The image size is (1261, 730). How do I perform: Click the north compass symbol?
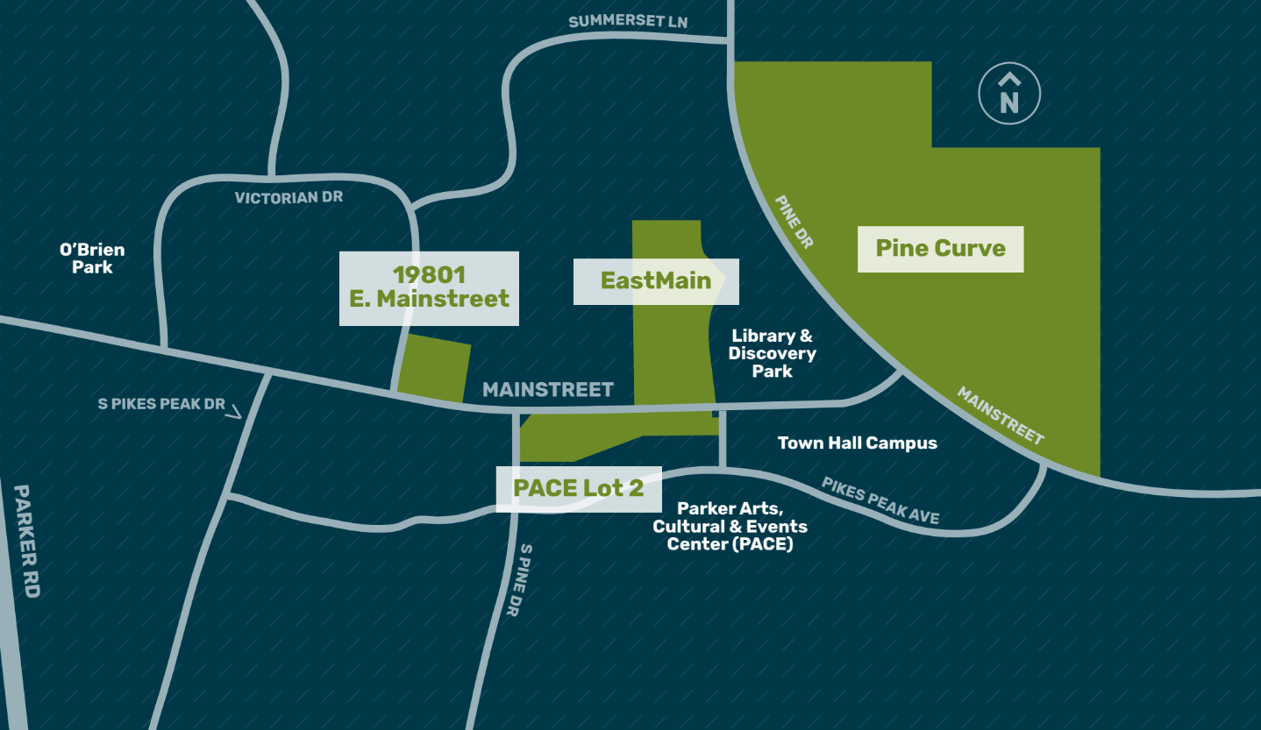tap(1009, 93)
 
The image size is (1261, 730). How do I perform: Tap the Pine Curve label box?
tap(940, 249)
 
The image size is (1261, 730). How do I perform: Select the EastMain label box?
tap(655, 281)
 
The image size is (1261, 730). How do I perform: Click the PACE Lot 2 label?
tap(579, 488)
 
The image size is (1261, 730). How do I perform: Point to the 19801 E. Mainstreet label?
tap(429, 287)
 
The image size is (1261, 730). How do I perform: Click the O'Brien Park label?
tap(92, 259)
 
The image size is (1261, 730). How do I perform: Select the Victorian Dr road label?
tap(289, 198)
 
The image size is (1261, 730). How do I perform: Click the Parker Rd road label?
tap(27, 541)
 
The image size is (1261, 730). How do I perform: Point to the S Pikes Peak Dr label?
tap(161, 404)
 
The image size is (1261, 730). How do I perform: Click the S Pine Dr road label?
tap(519, 579)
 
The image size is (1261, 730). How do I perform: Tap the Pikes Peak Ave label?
tap(880, 501)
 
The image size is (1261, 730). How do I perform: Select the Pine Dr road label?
tap(794, 223)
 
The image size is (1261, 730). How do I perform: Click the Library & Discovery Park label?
tap(772, 353)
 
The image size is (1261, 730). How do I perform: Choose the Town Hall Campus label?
tap(857, 443)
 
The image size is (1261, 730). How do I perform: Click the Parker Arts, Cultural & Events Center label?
tap(730, 526)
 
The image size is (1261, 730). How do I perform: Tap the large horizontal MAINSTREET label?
tap(548, 389)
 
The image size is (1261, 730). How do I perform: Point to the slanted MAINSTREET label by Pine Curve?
tap(1000, 415)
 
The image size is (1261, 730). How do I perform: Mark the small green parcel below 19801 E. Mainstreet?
tap(435, 368)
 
